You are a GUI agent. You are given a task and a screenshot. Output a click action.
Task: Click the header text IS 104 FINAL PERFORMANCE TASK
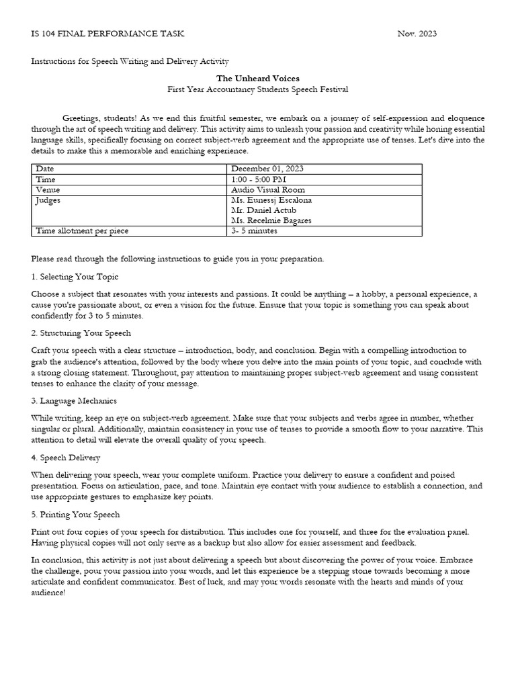click(107, 34)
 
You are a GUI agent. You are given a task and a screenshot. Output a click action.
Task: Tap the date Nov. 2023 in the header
click(417, 34)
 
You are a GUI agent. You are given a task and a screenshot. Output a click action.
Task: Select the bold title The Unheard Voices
click(258, 79)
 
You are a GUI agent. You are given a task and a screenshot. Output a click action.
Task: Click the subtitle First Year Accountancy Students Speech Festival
click(258, 89)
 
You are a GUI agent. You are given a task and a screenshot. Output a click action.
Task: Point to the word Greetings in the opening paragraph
click(83, 118)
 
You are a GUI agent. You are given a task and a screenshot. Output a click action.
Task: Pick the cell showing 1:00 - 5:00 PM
click(259, 179)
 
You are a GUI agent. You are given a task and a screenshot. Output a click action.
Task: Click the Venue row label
click(48, 189)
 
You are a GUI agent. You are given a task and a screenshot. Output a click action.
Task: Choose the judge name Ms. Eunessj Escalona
click(271, 200)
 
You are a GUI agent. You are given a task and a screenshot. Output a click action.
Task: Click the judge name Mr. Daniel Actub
click(263, 210)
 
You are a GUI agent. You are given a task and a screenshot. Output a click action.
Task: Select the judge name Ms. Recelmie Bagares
click(271, 220)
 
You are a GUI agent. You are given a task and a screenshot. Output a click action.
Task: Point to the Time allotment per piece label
click(82, 230)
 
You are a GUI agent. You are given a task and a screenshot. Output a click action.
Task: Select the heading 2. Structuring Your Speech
click(81, 333)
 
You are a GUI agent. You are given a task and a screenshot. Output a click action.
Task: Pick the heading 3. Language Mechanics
click(74, 401)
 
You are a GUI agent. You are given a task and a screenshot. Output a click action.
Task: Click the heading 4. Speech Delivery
click(66, 458)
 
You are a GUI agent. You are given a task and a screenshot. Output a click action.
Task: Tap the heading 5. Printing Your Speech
click(75, 514)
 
